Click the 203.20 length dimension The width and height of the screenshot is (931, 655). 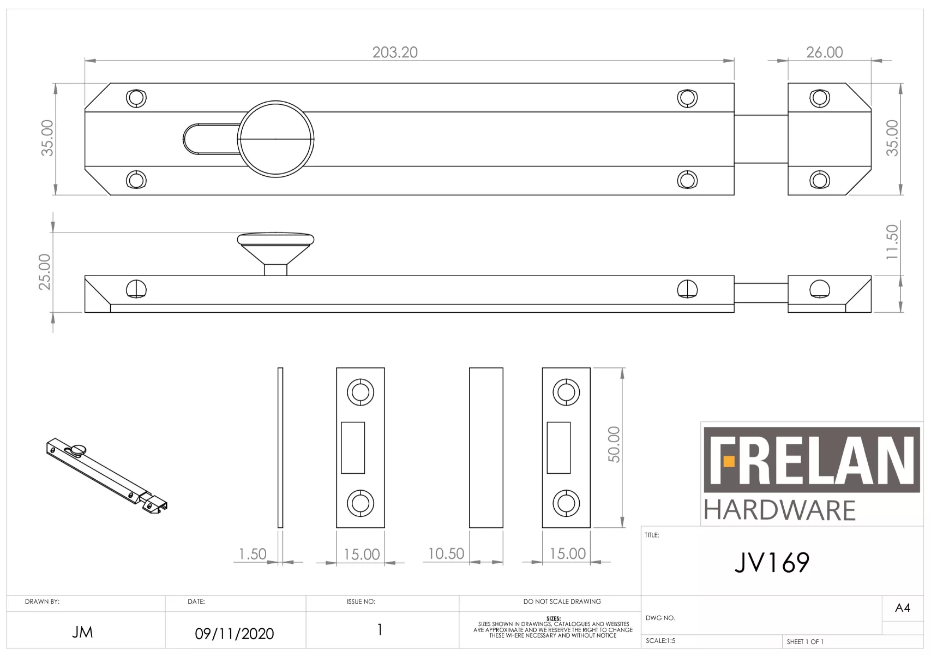(395, 52)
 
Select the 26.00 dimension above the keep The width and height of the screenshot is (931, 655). (824, 52)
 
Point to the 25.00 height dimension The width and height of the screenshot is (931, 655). (45, 272)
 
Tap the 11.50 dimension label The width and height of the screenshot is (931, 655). (892, 242)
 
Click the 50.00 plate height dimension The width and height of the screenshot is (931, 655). (614, 444)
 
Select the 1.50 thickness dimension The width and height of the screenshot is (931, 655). (253, 554)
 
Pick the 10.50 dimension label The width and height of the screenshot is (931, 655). (446, 553)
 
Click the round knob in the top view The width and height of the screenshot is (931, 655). (275, 139)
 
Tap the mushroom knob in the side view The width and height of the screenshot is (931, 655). (275, 246)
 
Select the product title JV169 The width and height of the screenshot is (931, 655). (772, 563)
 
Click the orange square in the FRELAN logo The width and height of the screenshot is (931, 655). (729, 462)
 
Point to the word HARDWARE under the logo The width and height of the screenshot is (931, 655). (779, 510)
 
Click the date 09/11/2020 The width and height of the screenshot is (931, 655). (235, 634)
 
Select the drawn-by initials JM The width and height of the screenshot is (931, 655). (82, 632)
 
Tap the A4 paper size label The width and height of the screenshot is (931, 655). (902, 608)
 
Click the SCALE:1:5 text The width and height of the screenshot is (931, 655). (660, 641)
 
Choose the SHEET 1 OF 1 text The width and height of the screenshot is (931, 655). (805, 641)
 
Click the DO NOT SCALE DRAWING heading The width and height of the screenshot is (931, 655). (562, 602)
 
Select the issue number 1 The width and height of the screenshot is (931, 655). (380, 630)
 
